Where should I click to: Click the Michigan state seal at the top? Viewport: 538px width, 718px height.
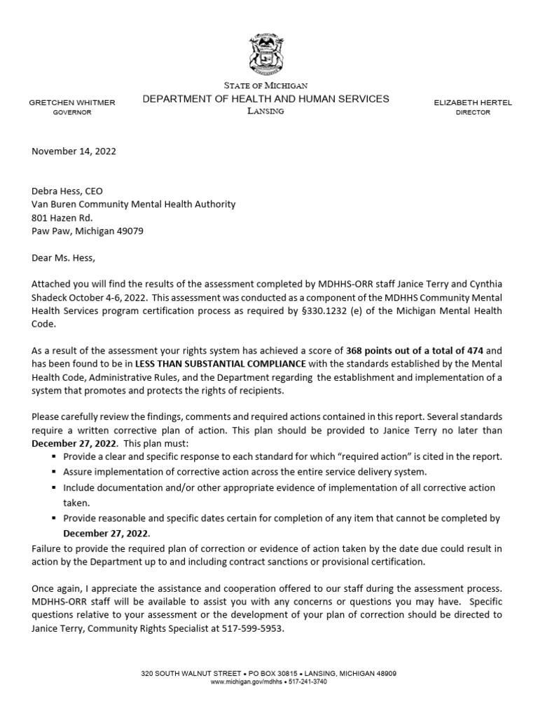[x=269, y=55]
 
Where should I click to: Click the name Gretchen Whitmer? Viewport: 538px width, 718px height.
[x=72, y=102]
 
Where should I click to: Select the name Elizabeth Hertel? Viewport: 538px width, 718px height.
[x=473, y=102]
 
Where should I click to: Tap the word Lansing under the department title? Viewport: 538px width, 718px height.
[x=265, y=112]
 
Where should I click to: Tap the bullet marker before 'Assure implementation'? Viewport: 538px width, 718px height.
[x=54, y=472]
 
